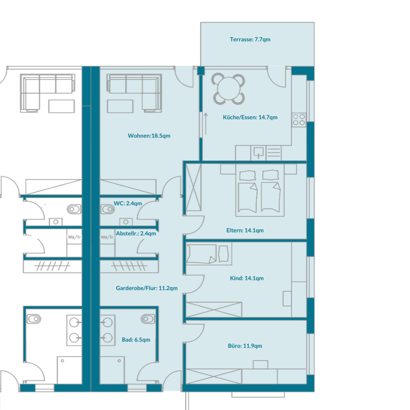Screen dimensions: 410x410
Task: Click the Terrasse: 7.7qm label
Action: (x=250, y=40)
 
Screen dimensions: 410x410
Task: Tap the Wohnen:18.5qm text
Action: (x=149, y=136)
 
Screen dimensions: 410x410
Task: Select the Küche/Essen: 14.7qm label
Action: (x=250, y=117)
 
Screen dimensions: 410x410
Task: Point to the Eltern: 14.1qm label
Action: (x=245, y=230)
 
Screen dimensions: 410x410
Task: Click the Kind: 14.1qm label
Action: (x=247, y=278)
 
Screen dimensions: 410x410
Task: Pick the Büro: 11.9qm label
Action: (x=245, y=346)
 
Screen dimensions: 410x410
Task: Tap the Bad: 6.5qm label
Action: (x=136, y=340)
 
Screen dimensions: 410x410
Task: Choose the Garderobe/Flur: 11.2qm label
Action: (x=147, y=288)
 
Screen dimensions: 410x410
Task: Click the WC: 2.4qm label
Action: (x=128, y=203)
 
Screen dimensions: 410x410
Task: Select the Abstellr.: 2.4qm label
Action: (x=136, y=233)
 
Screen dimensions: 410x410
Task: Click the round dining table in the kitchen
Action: (x=228, y=88)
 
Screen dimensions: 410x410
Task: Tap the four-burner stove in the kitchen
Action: (x=299, y=120)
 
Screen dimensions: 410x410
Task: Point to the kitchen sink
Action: (x=259, y=153)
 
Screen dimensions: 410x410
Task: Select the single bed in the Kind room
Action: (x=209, y=253)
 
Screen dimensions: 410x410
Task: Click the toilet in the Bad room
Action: (x=148, y=319)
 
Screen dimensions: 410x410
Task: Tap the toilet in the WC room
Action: (x=107, y=209)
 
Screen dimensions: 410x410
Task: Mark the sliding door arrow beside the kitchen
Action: (x=206, y=124)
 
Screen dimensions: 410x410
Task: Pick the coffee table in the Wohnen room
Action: (x=120, y=106)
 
